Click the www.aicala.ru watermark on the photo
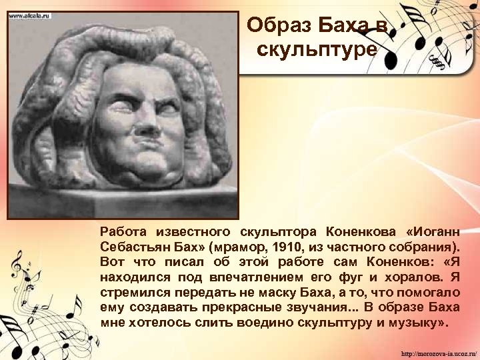click(30, 15)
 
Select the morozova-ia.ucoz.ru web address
click(439, 352)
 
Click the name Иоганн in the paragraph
click(436, 231)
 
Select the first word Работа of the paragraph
click(121, 231)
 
